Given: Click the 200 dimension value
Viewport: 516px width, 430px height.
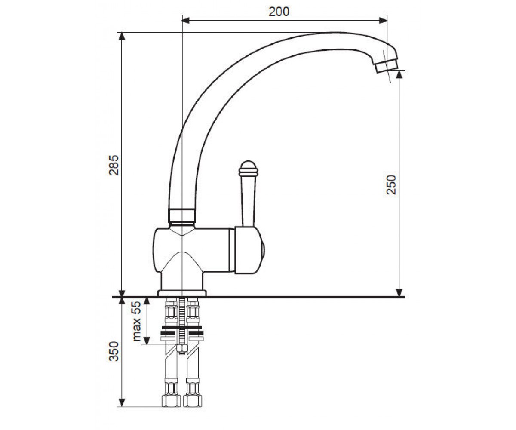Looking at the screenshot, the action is (279, 12).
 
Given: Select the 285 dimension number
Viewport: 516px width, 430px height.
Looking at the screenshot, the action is (114, 165).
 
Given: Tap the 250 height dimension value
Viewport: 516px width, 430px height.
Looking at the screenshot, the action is (391, 184).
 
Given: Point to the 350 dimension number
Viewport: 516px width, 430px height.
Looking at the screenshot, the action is (114, 351).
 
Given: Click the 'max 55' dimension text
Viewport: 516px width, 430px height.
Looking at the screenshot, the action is (136, 321).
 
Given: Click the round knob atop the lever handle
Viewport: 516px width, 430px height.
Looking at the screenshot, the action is (248, 168).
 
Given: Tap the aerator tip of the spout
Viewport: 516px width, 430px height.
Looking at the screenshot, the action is (387, 66).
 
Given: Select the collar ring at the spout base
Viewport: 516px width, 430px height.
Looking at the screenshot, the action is (181, 215).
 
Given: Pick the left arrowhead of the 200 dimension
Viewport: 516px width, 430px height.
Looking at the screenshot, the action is (186, 21).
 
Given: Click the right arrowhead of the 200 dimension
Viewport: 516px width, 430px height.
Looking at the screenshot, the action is (383, 21).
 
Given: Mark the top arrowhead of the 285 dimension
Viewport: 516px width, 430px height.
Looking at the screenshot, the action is (122, 36).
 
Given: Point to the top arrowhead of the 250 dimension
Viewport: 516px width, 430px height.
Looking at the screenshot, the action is (399, 74).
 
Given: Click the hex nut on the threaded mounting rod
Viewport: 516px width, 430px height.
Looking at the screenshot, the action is (182, 349).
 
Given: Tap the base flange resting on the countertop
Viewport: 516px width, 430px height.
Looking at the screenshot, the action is (182, 293).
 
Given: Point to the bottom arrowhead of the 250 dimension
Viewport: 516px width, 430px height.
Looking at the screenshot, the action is (399, 292).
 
